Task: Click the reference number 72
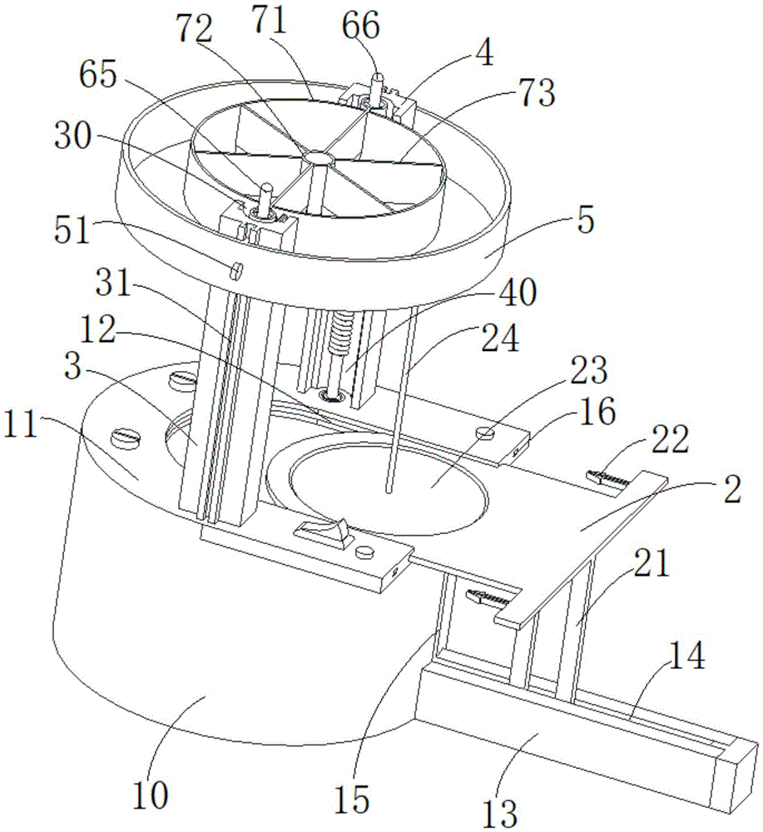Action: tap(194, 31)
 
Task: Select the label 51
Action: tap(72, 231)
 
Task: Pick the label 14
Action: tap(687, 656)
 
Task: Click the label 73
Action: tap(537, 94)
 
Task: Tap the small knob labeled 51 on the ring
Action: tap(236, 270)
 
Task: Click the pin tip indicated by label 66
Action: tap(377, 77)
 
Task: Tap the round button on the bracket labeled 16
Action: tap(486, 433)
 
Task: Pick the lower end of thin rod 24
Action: tap(389, 492)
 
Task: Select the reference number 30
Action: tap(72, 136)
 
